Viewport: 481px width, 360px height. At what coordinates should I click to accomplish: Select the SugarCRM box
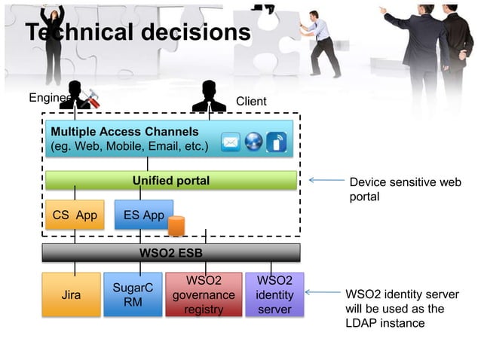tap(133, 294)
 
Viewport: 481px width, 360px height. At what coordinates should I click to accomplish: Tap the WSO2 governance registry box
tap(204, 294)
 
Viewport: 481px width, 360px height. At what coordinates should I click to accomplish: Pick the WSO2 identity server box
tap(274, 294)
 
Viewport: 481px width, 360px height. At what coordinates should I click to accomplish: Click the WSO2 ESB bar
tap(171, 252)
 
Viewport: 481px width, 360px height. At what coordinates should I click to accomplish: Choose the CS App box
tap(75, 215)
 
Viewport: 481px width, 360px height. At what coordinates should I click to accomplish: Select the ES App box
tap(143, 215)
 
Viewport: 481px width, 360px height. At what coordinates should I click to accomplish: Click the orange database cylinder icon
tap(176, 225)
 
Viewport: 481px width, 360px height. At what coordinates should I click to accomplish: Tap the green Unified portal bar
tap(171, 181)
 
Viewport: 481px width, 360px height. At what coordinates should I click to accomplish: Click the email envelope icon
tap(231, 142)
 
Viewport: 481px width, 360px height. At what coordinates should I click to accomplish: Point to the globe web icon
tap(253, 142)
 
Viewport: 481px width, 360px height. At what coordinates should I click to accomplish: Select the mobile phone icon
tap(277, 142)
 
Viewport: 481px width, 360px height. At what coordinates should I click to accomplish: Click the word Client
tap(251, 102)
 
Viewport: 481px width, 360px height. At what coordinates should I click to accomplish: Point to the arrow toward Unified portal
tap(326, 181)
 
